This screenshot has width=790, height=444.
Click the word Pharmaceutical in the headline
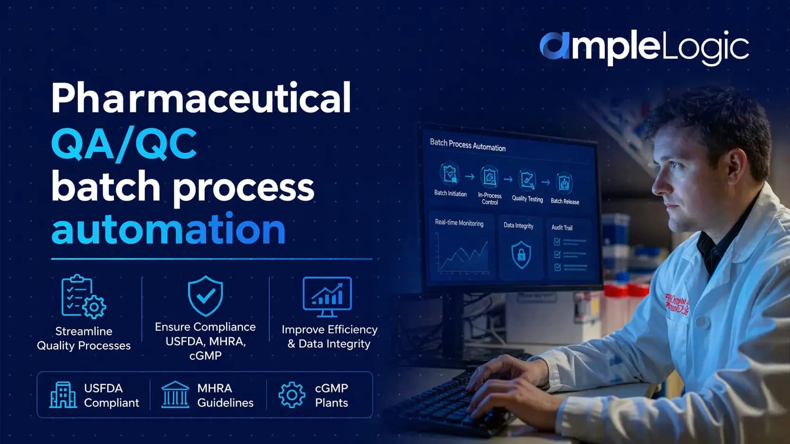[x=201, y=98]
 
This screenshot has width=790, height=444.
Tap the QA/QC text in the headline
[x=124, y=143]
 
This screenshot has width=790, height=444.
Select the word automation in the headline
[x=168, y=229]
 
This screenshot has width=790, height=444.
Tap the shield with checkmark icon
[x=205, y=296]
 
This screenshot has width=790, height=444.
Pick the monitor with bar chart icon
[x=327, y=296]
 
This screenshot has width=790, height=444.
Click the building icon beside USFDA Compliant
[x=63, y=395]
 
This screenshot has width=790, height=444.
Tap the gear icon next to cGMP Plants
[x=292, y=395]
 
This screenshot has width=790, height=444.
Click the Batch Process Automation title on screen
[x=467, y=145]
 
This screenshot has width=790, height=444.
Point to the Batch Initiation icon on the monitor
[x=449, y=174]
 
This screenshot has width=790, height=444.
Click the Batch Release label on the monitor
[x=565, y=201]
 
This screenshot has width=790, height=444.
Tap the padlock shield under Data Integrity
[x=521, y=254]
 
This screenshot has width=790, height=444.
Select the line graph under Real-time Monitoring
[x=463, y=255]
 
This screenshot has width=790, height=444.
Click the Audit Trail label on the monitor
[x=562, y=227]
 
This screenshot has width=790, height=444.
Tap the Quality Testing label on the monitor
[x=527, y=199]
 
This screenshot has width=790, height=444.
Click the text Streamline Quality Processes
[x=84, y=338]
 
